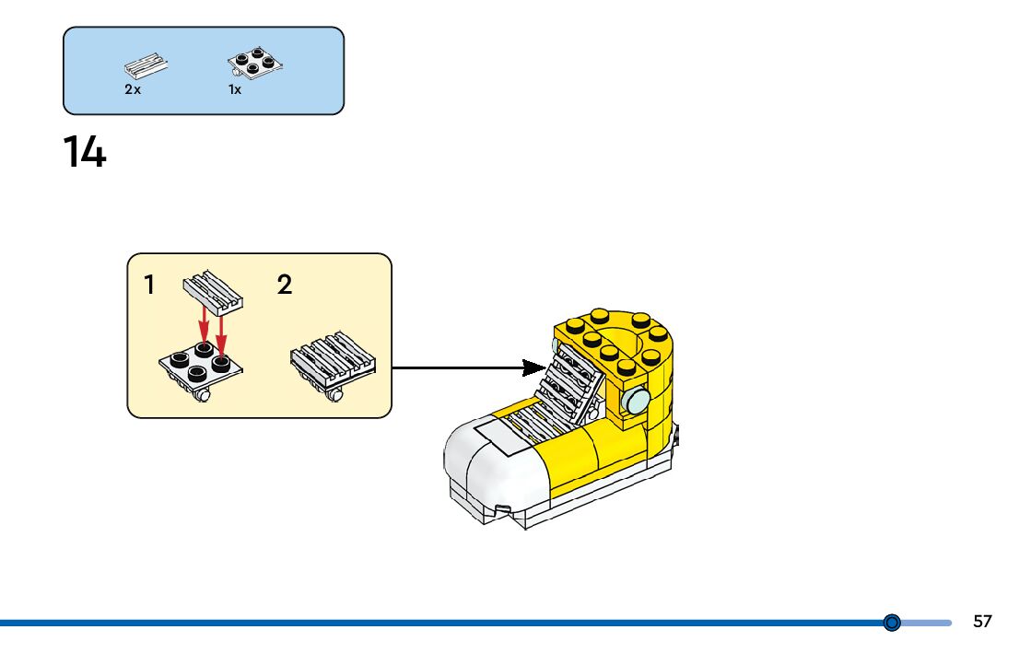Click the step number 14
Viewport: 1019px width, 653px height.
[x=85, y=152]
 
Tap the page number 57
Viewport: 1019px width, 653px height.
[x=982, y=622]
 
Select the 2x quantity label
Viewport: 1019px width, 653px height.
[x=133, y=89]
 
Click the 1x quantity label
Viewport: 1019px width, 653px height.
[x=235, y=89]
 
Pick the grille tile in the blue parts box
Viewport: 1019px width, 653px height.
[x=146, y=65]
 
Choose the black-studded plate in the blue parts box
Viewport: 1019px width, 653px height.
[x=254, y=64]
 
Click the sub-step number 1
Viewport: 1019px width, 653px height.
[x=149, y=285]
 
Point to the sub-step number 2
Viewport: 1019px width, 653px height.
[x=284, y=285]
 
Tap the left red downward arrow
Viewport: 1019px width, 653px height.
[x=204, y=325]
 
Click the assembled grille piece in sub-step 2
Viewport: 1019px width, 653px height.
[x=333, y=361]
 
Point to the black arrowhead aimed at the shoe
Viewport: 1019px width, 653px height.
[x=534, y=367]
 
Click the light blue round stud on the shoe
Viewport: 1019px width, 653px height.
[x=636, y=401]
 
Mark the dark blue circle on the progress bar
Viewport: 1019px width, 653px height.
[x=892, y=623]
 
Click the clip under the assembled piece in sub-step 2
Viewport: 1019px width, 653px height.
[x=334, y=394]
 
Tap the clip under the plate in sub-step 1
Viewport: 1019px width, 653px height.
[x=203, y=394]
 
